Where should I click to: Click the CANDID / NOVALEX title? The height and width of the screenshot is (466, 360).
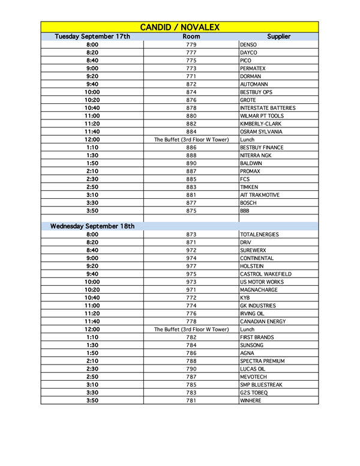[x=179, y=27]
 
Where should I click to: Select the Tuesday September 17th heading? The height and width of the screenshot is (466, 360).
[x=92, y=37]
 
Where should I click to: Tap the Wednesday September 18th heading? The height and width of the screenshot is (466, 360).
[x=92, y=226]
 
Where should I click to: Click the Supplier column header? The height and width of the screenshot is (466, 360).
[x=278, y=37]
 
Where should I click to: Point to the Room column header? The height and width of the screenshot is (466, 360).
[x=191, y=37]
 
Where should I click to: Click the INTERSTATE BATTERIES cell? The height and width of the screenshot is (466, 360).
[x=268, y=108]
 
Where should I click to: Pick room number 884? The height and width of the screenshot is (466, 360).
[x=191, y=132]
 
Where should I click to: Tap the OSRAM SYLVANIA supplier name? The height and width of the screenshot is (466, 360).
[x=260, y=132]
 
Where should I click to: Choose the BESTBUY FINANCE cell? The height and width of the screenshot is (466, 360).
[x=262, y=148]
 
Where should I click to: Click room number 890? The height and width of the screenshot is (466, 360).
[x=191, y=163]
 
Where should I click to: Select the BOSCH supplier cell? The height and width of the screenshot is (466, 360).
[x=248, y=203]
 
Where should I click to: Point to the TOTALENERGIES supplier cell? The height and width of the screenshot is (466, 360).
[x=259, y=235]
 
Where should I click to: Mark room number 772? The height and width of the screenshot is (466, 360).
[x=191, y=298]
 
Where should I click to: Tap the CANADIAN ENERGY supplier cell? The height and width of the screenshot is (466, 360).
[x=263, y=321]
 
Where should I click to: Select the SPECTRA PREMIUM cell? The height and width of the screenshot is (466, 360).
[x=262, y=361]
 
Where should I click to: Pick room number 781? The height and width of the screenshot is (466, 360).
[x=191, y=401]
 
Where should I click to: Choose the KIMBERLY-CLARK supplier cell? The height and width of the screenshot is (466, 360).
[x=260, y=124]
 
